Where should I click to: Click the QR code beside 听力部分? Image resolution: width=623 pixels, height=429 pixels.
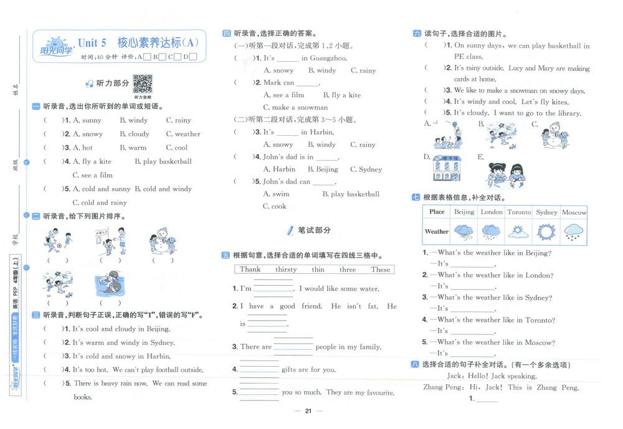142,83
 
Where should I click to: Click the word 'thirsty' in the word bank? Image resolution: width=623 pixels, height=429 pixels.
286,270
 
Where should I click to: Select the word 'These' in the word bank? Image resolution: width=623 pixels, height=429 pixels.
380,270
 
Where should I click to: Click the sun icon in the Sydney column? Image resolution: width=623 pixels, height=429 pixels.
546,232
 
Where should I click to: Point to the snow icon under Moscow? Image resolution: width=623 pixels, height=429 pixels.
574,232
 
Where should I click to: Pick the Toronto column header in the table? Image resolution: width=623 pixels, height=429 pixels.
519,212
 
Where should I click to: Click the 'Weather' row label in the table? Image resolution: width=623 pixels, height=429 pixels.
436,232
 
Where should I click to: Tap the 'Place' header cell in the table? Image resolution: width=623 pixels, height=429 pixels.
437,212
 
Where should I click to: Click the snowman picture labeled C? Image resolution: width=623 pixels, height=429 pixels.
554,134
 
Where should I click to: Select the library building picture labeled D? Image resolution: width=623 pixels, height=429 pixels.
446,166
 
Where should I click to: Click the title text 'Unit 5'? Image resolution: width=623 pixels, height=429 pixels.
92,43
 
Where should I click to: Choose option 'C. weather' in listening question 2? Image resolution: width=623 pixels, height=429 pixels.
183,134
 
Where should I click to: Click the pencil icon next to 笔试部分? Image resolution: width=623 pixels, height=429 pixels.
290,230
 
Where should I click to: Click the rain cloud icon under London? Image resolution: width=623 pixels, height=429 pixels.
492,232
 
